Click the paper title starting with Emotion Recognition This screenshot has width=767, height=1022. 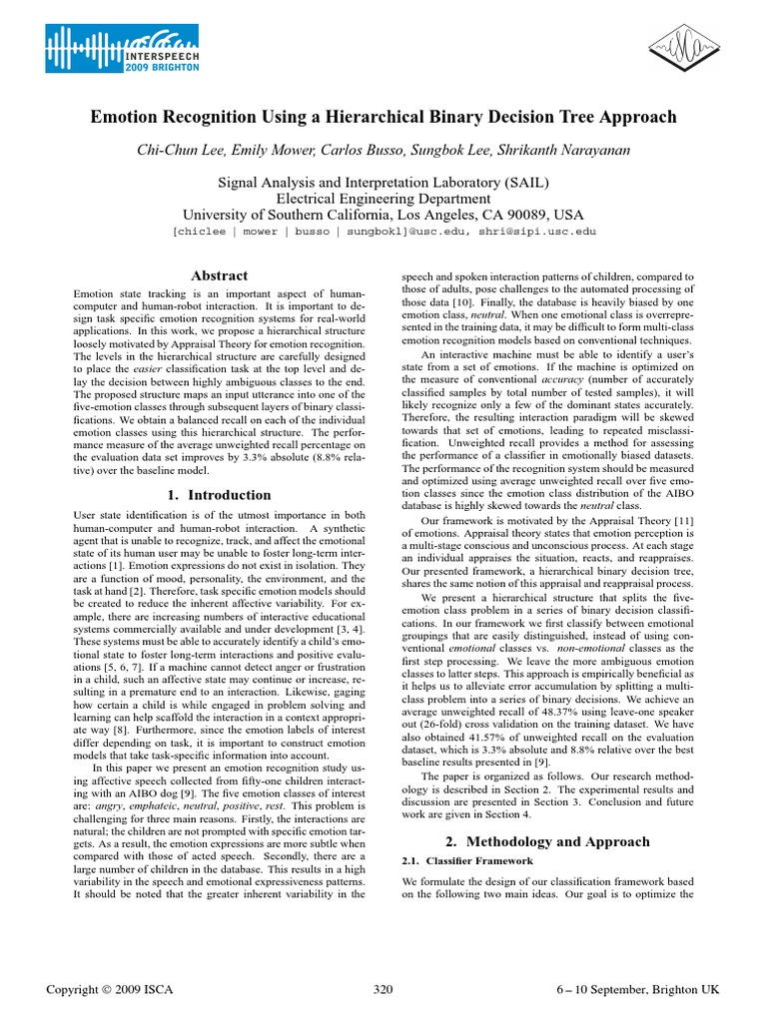pyautogui.click(x=383, y=118)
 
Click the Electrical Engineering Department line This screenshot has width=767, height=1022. pyautogui.click(x=383, y=199)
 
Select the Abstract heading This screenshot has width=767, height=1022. pyautogui.click(x=219, y=275)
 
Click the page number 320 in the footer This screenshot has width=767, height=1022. pyautogui.click(x=383, y=989)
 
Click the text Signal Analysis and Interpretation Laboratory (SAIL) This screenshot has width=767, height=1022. pyautogui.click(x=383, y=182)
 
